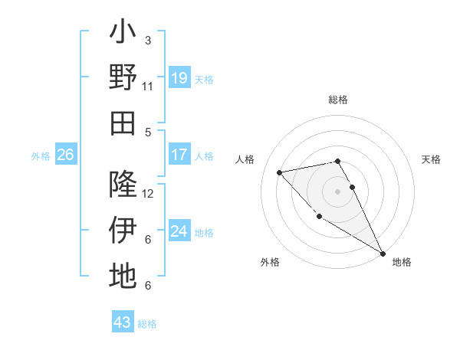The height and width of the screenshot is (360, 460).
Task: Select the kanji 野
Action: (x=123, y=77)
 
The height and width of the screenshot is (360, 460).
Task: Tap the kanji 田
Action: (x=123, y=123)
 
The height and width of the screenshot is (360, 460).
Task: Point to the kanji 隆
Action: (x=123, y=185)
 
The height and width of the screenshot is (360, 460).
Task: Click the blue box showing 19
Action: (x=179, y=78)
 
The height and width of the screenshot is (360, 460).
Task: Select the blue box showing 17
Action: (x=179, y=155)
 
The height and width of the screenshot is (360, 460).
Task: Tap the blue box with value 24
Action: (x=179, y=231)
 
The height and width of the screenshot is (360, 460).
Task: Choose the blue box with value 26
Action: (x=65, y=155)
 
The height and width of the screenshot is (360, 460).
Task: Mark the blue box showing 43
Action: (x=123, y=322)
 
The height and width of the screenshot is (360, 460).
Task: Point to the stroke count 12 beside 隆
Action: (x=149, y=194)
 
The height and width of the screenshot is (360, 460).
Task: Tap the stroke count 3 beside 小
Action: (x=148, y=40)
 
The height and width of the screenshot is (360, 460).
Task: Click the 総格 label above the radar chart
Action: (x=338, y=100)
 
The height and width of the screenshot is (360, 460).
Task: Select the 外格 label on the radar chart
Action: (x=270, y=263)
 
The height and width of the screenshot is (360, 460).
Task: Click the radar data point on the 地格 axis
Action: (x=383, y=254)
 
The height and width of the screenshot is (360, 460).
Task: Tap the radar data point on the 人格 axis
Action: (x=280, y=172)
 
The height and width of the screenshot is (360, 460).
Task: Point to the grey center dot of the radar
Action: (x=338, y=191)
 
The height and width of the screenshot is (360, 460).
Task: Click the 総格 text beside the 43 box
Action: (x=148, y=324)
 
